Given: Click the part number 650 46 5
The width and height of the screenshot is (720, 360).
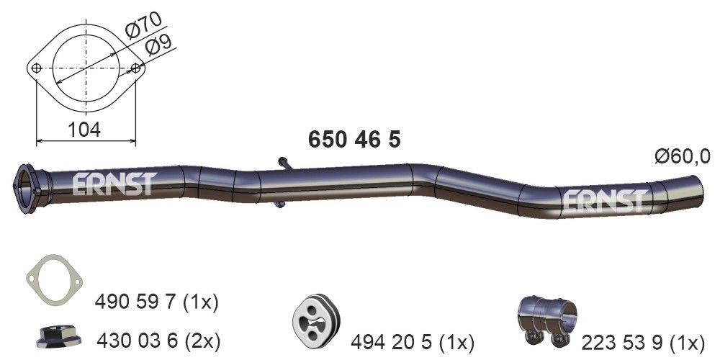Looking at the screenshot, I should point(354,139).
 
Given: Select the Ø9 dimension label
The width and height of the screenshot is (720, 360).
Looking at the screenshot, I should point(160,48).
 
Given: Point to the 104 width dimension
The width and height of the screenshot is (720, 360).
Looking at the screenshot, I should point(86,129).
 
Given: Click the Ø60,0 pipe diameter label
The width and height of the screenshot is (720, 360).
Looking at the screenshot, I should point(682,156).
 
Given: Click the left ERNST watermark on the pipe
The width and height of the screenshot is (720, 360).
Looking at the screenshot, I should point(114,185).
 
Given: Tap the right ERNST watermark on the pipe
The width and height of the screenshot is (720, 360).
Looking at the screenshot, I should point(603,202).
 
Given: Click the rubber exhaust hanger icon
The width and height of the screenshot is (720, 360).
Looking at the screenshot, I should point(318,319).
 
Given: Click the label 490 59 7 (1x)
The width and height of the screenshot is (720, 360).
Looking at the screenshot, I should point(157,301).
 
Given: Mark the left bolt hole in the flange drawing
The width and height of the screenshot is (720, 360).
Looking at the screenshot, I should point(37,68).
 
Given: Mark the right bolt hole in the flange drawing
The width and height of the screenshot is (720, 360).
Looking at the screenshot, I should point(136,69).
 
